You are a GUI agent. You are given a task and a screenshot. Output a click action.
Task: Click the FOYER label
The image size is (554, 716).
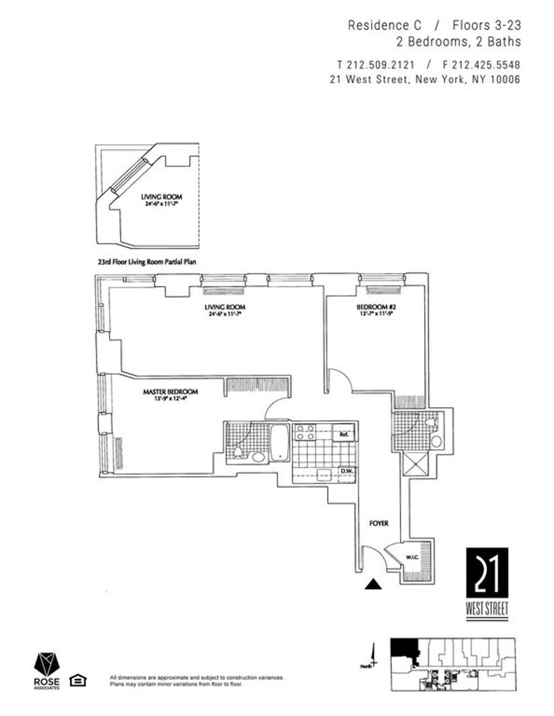(x=379, y=523)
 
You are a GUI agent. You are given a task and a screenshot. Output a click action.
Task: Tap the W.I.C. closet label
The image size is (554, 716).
(x=411, y=557)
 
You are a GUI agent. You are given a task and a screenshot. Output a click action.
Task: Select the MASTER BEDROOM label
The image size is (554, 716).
(x=170, y=392)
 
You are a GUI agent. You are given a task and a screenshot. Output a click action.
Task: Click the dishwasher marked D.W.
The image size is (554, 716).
(x=346, y=471)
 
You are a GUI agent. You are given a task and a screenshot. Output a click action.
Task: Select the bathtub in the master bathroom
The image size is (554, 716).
(x=279, y=442)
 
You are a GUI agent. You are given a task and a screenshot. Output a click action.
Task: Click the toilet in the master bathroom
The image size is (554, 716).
(x=238, y=451)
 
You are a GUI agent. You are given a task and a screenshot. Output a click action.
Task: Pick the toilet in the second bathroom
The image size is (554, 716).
(x=431, y=422)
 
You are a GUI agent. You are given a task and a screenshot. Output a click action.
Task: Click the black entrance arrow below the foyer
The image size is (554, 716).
(x=374, y=584)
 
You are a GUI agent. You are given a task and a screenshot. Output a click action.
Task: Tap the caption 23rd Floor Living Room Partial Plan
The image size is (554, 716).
(x=147, y=262)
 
